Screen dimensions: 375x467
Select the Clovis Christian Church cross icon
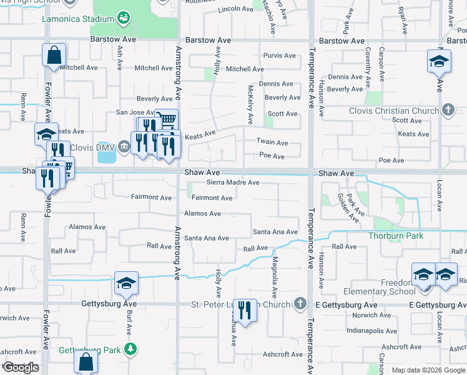[447, 111]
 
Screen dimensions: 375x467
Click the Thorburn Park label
[396, 236]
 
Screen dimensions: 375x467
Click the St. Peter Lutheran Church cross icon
[300, 304]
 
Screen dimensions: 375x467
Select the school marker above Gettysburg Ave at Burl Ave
[126, 283]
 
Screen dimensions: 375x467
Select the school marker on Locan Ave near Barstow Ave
[439, 61]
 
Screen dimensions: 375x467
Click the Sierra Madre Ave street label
[233, 182]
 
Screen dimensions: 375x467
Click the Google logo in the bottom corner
[21, 367]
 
